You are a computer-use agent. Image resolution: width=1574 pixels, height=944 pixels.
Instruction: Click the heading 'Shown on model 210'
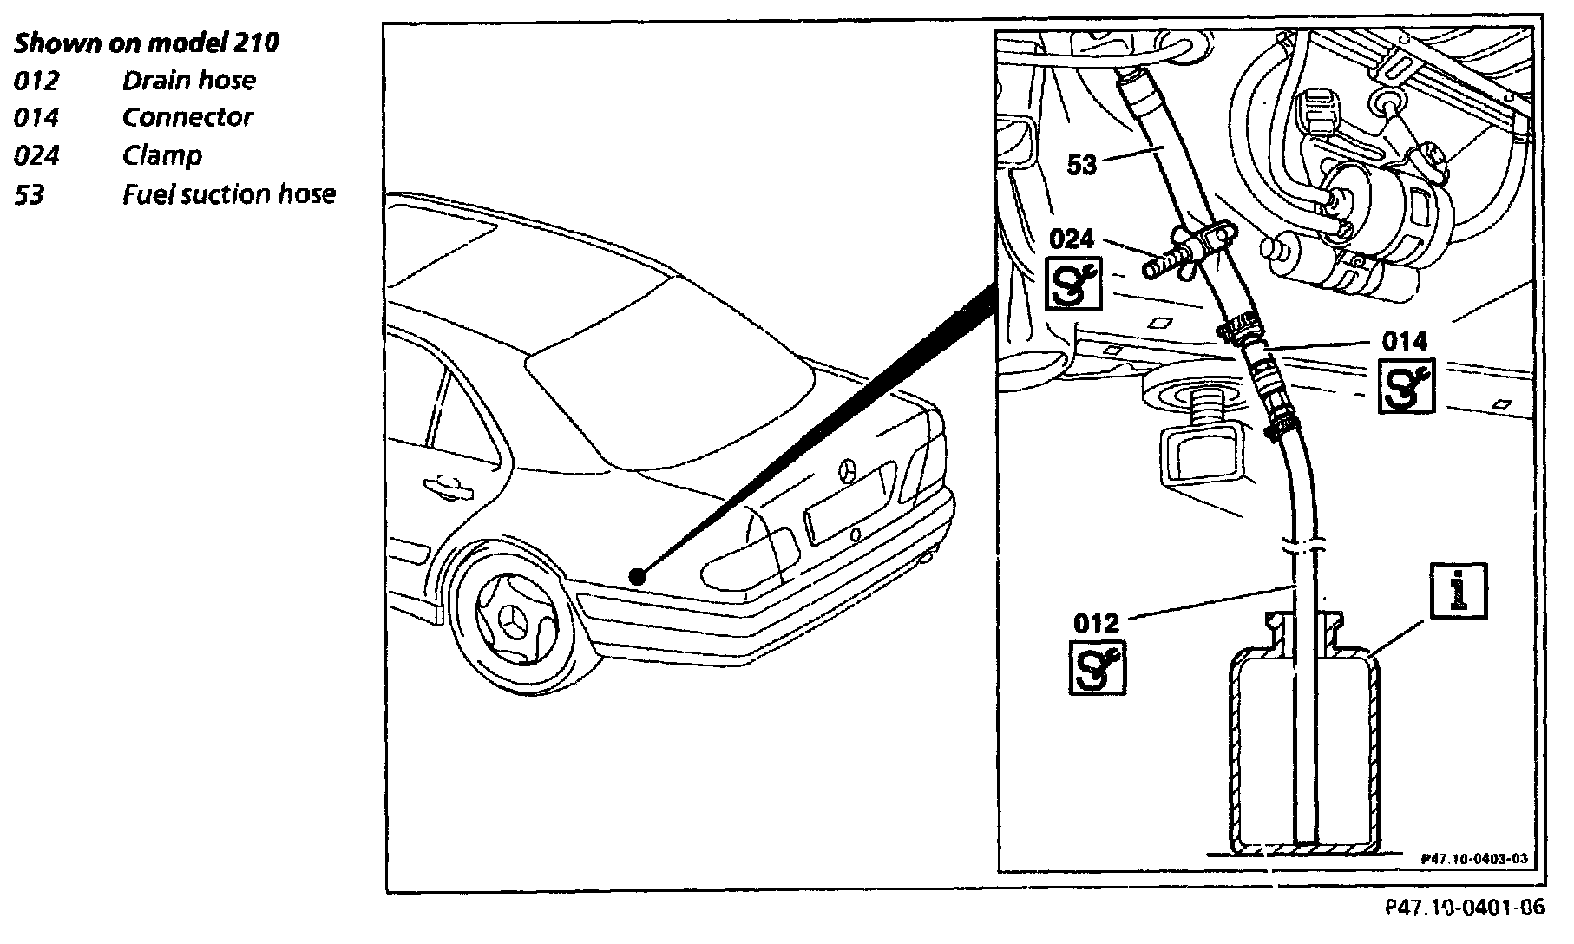147,43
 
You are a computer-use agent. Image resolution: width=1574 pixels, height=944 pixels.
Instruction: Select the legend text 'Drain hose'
188,81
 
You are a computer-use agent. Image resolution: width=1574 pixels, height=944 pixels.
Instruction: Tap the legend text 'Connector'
187,118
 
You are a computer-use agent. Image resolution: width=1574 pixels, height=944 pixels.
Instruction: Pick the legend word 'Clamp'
162,156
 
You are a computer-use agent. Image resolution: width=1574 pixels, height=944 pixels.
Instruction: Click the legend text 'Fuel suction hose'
228,193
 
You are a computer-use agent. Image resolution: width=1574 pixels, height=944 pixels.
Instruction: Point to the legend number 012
36,82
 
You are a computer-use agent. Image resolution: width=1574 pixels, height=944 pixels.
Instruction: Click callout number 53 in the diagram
1082,164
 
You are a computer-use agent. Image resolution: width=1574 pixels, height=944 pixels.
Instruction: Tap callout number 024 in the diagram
1072,239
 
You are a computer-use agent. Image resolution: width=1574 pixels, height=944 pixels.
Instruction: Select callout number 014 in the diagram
1406,341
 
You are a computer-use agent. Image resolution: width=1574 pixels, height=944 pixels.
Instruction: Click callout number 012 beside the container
1097,623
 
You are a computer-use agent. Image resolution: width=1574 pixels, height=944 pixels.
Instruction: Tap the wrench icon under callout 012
1098,667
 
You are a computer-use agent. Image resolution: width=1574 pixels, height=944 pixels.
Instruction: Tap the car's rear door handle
447,487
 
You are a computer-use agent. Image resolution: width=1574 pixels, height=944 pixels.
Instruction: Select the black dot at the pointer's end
638,575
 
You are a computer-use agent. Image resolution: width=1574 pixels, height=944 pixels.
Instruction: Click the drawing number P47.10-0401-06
1465,908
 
